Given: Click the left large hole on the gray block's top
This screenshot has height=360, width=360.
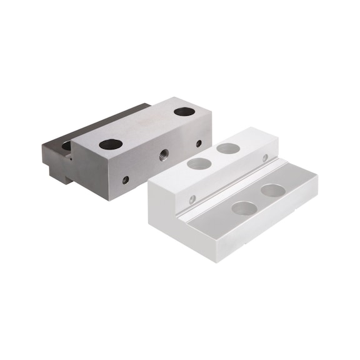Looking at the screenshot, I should [x=111, y=144].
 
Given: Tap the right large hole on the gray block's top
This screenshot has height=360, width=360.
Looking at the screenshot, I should [x=184, y=112].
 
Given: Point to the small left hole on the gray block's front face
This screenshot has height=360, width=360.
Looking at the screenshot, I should [x=126, y=179].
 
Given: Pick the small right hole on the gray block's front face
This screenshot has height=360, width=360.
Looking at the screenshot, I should [x=199, y=143].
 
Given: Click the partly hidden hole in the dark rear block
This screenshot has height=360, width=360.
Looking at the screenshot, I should [x=67, y=146].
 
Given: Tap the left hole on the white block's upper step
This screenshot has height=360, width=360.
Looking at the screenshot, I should [x=199, y=164].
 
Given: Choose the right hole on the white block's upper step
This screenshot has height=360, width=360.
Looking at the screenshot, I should [x=228, y=149].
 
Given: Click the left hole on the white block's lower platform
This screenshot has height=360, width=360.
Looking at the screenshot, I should [x=243, y=207].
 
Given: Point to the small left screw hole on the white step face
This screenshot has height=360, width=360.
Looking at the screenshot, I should [x=192, y=199].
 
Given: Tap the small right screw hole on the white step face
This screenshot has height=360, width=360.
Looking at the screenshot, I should [x=266, y=158].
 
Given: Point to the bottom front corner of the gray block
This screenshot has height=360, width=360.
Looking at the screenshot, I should [x=111, y=199].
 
